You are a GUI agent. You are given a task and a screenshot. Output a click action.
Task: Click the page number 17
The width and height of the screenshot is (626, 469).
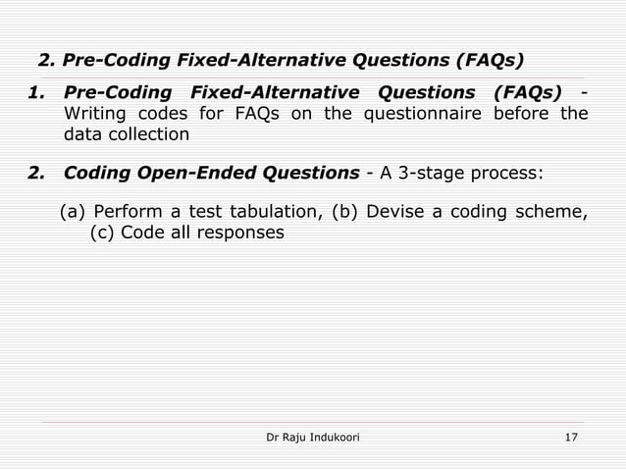click(x=571, y=436)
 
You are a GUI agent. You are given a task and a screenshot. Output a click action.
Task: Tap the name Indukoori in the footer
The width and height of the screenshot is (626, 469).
click(x=329, y=436)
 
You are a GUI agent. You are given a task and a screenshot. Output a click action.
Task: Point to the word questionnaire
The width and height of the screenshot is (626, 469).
click(x=433, y=114)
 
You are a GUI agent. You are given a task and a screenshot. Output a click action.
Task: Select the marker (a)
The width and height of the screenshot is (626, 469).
click(x=73, y=212)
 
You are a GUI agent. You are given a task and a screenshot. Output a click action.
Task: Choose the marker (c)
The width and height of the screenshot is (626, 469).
click(x=102, y=234)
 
